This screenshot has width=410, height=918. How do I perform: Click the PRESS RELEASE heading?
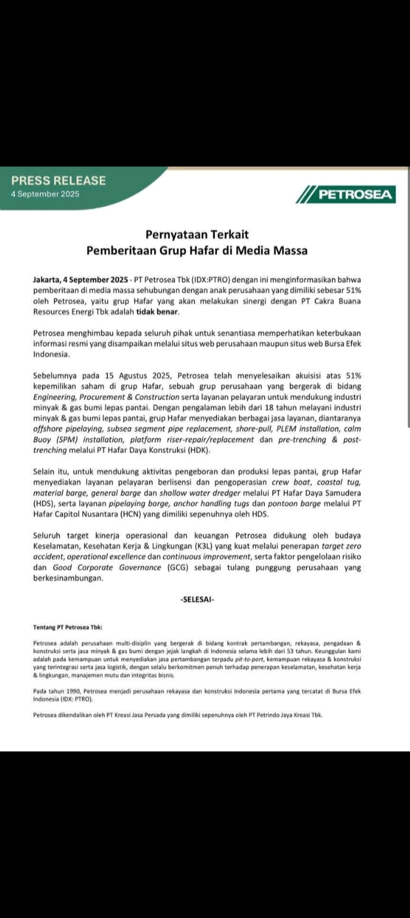coord(59,181)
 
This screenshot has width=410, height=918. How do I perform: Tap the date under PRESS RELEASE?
coord(46,194)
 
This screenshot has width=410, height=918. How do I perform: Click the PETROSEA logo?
coord(346,195)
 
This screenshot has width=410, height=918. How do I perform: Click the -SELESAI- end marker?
coord(197,599)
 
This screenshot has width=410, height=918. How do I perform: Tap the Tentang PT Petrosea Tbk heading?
coord(68,627)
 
